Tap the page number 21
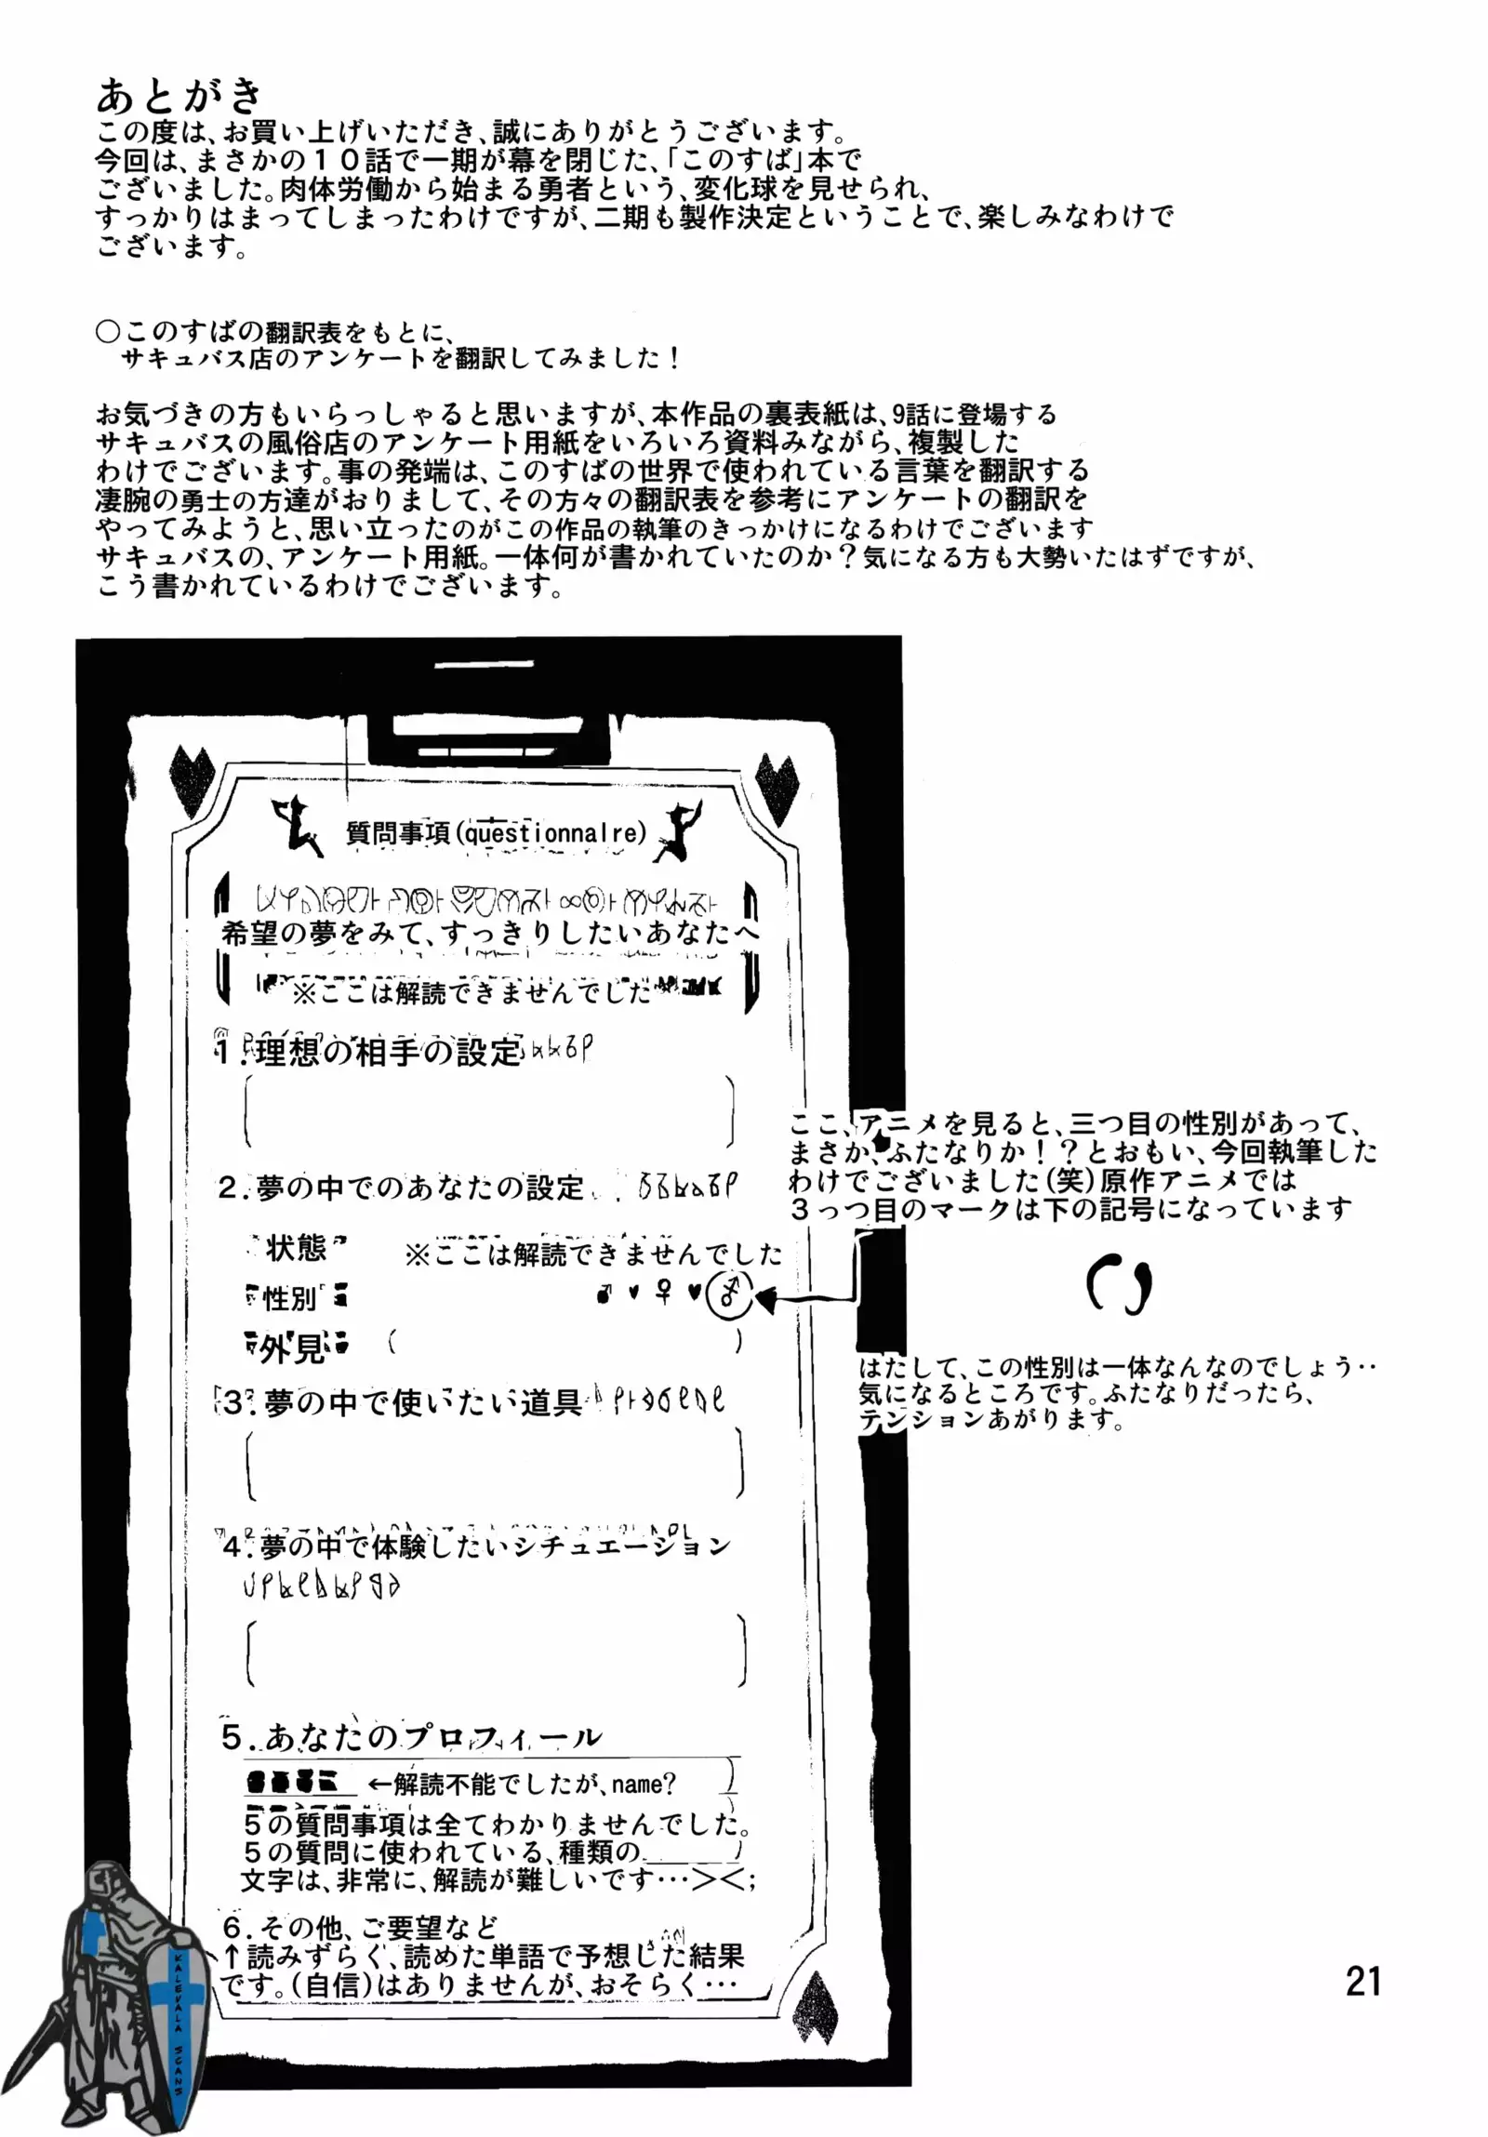pyautogui.click(x=1362, y=1981)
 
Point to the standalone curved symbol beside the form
pyautogui.click(x=1119, y=1285)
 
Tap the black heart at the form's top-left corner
pyautogui.click(x=192, y=776)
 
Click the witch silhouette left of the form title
pyautogui.click(x=293, y=825)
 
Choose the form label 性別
pyautogui.click(x=291, y=1296)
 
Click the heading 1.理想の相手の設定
pyautogui.click(x=370, y=1052)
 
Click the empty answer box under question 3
pyautogui.click(x=495, y=1464)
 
